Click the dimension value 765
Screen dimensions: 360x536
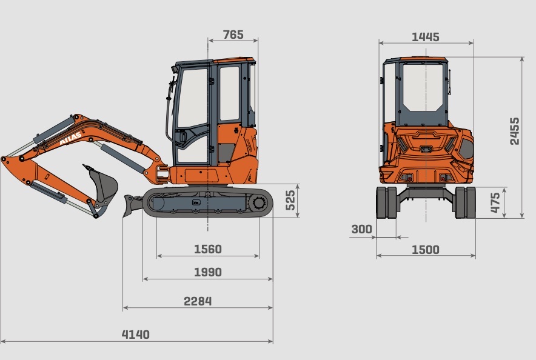point(233,35)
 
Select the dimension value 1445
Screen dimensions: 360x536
point(425,37)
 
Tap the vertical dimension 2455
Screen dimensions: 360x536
point(514,131)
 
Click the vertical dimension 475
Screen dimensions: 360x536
point(495,202)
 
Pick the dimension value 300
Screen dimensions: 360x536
point(361,229)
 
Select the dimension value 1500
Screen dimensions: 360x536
point(425,250)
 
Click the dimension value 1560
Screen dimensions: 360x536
point(208,249)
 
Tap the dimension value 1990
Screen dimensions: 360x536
point(208,272)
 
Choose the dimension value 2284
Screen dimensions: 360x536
point(198,301)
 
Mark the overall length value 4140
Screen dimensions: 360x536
point(136,335)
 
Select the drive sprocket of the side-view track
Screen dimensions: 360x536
point(260,202)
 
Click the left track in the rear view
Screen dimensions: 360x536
point(386,202)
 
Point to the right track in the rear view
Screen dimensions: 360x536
point(465,202)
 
